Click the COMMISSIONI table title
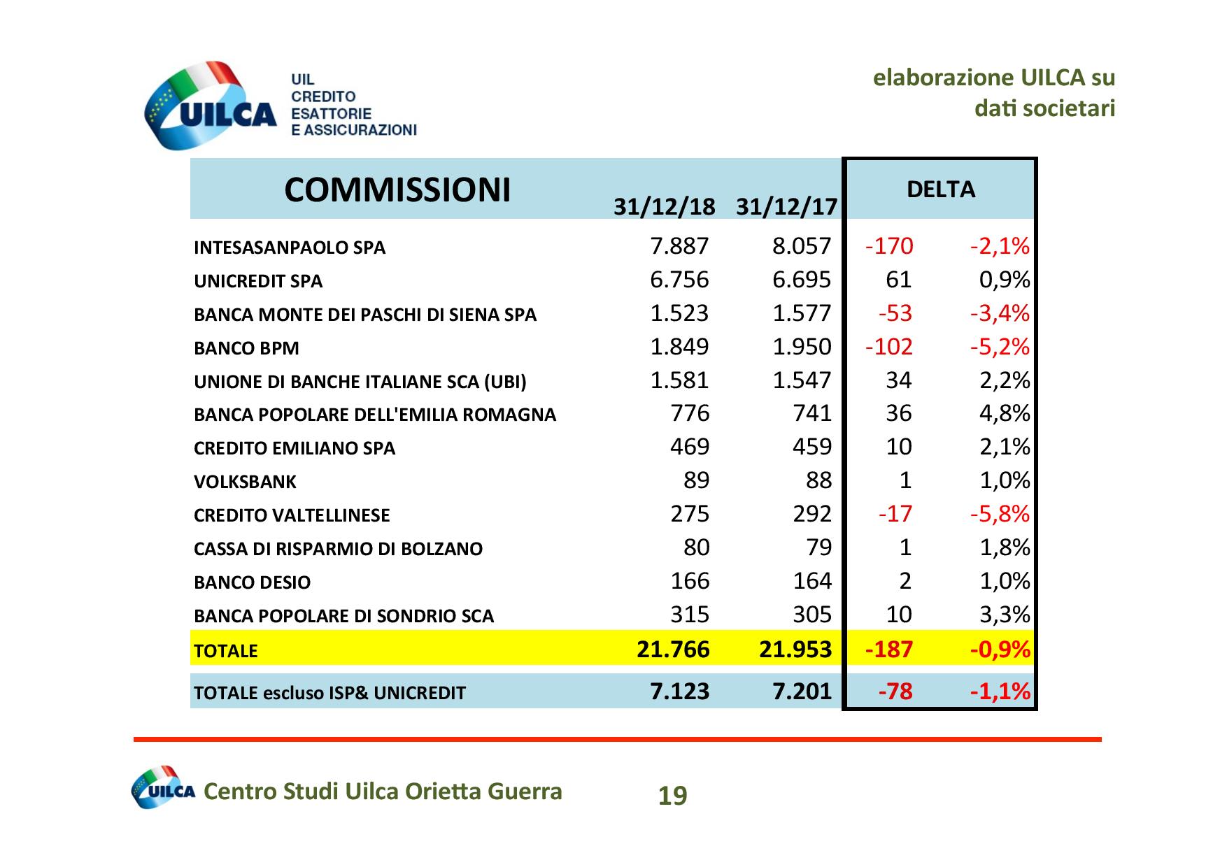[x=397, y=189]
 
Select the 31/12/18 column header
[x=664, y=207]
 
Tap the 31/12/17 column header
[x=786, y=207]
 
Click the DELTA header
[x=940, y=189]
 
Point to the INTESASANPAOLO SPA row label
[x=290, y=248]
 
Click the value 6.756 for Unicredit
[x=679, y=280]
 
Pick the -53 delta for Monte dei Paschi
[x=895, y=313]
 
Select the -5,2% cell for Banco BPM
[x=1000, y=347]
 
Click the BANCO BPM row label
[x=246, y=348]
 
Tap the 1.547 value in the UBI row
[x=802, y=380]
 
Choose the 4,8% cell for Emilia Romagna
[x=1005, y=414]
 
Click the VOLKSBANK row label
[x=245, y=482]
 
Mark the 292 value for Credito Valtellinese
[x=812, y=514]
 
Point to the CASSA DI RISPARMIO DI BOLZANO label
[x=338, y=549]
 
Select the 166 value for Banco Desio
[x=690, y=581]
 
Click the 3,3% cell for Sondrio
[x=1005, y=615]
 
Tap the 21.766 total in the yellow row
[x=673, y=650]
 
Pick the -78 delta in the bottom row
[x=895, y=692]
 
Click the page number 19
[x=673, y=796]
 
